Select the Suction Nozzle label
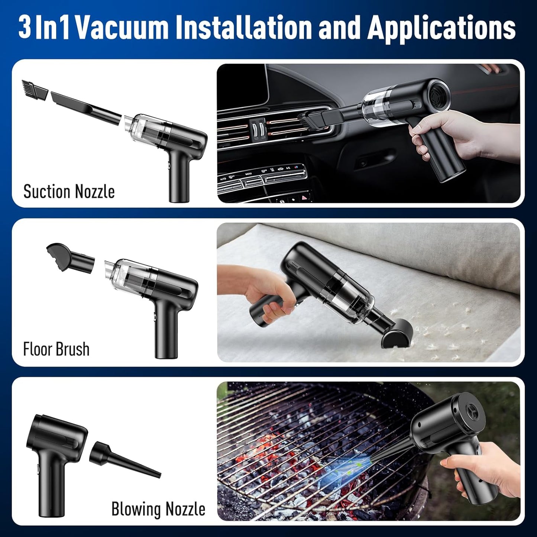coord(69,192)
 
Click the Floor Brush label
coord(56,349)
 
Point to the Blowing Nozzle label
coord(158,509)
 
